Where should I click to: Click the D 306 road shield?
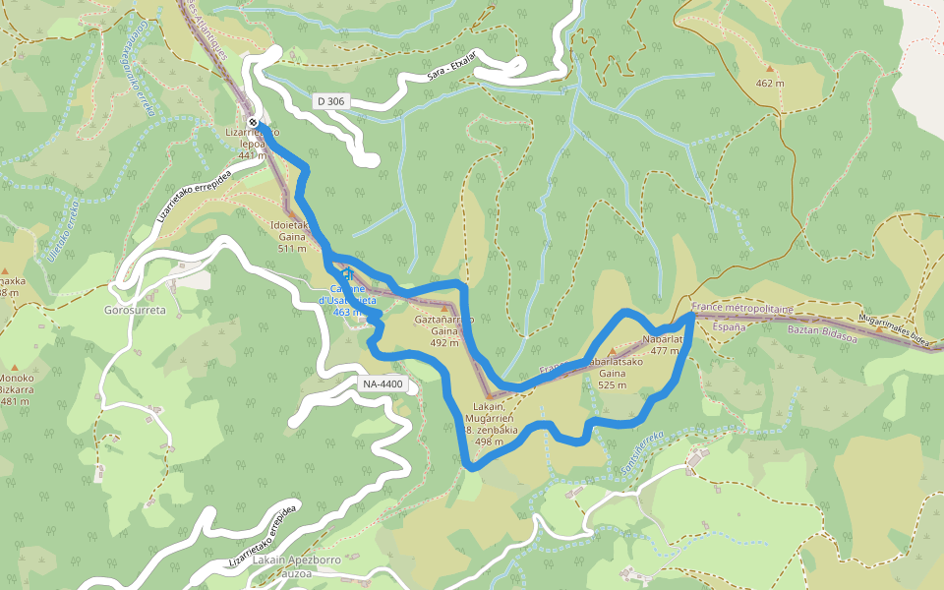point(331,101)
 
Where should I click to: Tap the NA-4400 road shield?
point(383,383)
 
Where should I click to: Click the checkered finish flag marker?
point(254,123)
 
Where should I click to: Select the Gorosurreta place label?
point(135,310)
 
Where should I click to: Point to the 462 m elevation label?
point(770,84)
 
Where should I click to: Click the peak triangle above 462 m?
point(770,69)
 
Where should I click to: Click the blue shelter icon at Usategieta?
point(346,274)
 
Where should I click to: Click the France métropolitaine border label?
point(741,308)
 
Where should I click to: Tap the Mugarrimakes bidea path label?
point(893,329)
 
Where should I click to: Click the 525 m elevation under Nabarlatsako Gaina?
point(613,385)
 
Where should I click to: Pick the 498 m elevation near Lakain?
point(490,442)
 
